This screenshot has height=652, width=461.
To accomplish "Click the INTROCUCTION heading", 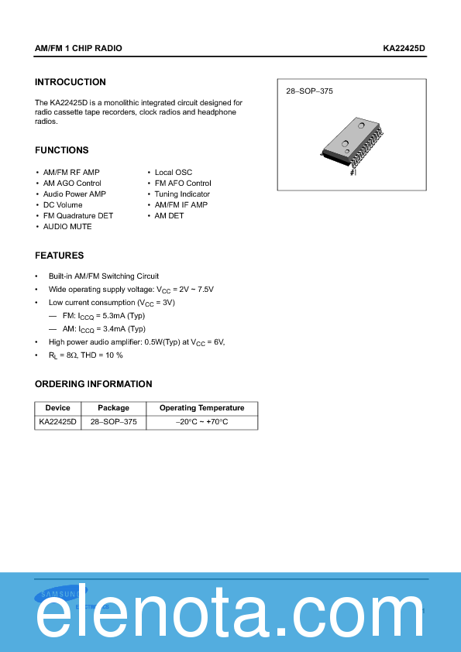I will pos(71,82).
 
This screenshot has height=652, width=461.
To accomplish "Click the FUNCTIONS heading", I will pos(62,150).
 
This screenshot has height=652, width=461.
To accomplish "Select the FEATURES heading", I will pos(60,256).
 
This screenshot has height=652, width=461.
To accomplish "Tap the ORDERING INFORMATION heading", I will pos(94,384).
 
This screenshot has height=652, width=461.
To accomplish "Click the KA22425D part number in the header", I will pos(404,48).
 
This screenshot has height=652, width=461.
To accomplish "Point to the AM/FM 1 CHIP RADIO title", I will pos(78,48).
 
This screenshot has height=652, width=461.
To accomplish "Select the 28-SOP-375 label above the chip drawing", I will pos(309,91).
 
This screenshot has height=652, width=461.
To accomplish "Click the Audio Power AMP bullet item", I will pos(74,194).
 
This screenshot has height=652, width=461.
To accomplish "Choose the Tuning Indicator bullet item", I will pos(182,194).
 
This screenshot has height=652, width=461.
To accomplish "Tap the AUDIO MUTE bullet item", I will pos(67,227).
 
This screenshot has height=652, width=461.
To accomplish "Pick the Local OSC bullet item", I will pos(174,173).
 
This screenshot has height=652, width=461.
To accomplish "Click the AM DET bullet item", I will pos(170,216).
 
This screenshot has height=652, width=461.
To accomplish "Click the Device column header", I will pos(57,408).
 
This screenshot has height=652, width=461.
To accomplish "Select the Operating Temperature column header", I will pos(201,408).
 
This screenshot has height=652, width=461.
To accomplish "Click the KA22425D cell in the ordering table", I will pos(57,422).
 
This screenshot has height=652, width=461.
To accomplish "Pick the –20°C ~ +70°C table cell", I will pos(201,422).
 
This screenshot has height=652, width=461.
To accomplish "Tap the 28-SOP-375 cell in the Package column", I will pos(113,422).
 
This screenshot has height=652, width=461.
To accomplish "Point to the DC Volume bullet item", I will pos(63,205).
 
